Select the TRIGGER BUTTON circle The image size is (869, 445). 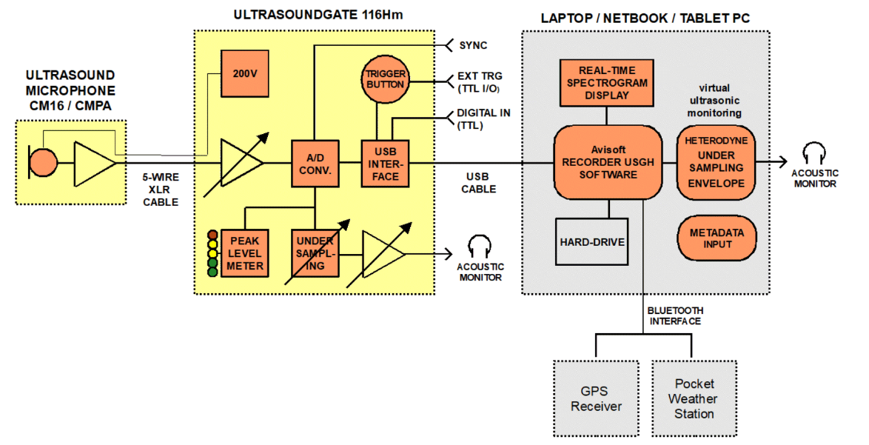(385, 78)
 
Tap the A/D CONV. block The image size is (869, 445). (315, 164)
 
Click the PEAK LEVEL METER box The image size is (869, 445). (245, 254)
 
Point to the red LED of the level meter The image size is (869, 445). (212, 236)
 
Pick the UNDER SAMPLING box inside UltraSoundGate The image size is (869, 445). (315, 254)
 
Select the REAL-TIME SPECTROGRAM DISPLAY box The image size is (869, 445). (607, 83)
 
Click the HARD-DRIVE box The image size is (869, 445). (592, 241)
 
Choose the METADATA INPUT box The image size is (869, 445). (717, 239)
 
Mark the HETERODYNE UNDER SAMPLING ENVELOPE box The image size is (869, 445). (714, 162)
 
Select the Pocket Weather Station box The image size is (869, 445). (694, 399)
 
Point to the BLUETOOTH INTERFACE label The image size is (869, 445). (675, 315)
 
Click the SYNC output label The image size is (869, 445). (473, 46)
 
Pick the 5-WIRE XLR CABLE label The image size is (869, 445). (161, 190)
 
